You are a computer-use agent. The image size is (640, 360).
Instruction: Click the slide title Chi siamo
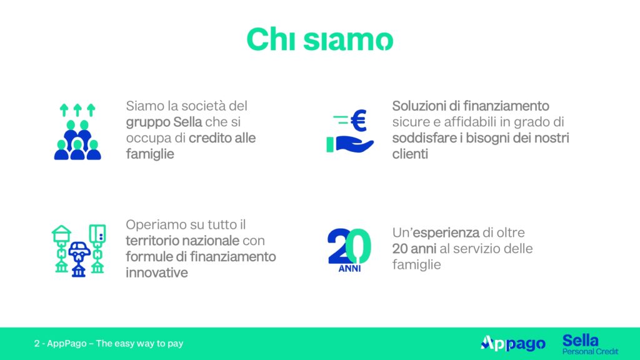pyautogui.click(x=319, y=39)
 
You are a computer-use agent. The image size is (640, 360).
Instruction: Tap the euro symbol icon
pyautogui.click(x=358, y=121)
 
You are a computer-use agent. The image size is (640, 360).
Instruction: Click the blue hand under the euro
pyautogui.click(x=354, y=144)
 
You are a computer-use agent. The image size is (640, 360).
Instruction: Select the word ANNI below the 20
pyautogui.click(x=349, y=268)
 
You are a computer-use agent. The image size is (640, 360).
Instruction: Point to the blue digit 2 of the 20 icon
pyautogui.click(x=338, y=246)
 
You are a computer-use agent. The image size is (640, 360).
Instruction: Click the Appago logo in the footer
pyautogui.click(x=512, y=344)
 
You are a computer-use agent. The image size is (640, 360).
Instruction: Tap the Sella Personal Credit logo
pyautogui.click(x=590, y=344)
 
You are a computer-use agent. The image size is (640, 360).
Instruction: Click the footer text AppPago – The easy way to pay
pyautogui.click(x=115, y=343)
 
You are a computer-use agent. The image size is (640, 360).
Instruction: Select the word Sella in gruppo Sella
pyautogui.click(x=187, y=122)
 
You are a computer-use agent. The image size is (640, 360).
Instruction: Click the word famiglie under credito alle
pyautogui.click(x=150, y=154)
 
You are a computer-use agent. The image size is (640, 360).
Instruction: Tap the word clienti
pyautogui.click(x=410, y=154)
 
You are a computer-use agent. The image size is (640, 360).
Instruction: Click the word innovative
pyautogui.click(x=157, y=272)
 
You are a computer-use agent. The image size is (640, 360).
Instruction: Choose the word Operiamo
pyautogui.click(x=151, y=224)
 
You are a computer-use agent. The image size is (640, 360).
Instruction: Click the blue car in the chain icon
pyautogui.click(x=79, y=249)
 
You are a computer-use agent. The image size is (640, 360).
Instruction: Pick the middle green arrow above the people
pyautogui.click(x=77, y=110)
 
